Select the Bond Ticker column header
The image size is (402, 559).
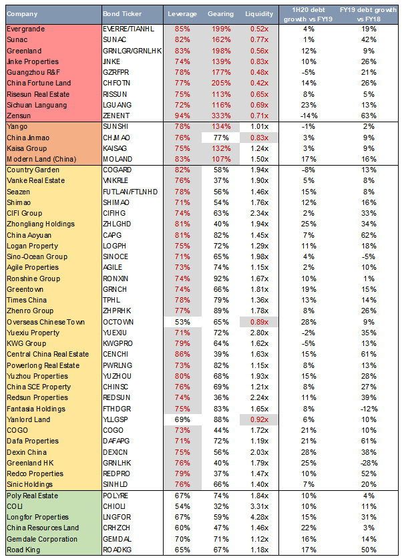[121, 13]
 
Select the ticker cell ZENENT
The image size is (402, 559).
[117, 115]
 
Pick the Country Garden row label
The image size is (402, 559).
[29, 170]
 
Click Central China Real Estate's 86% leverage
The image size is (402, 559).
[182, 354]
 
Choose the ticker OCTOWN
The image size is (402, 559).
[118, 322]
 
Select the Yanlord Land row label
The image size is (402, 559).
[27, 419]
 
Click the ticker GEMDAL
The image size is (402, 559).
[118, 538]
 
